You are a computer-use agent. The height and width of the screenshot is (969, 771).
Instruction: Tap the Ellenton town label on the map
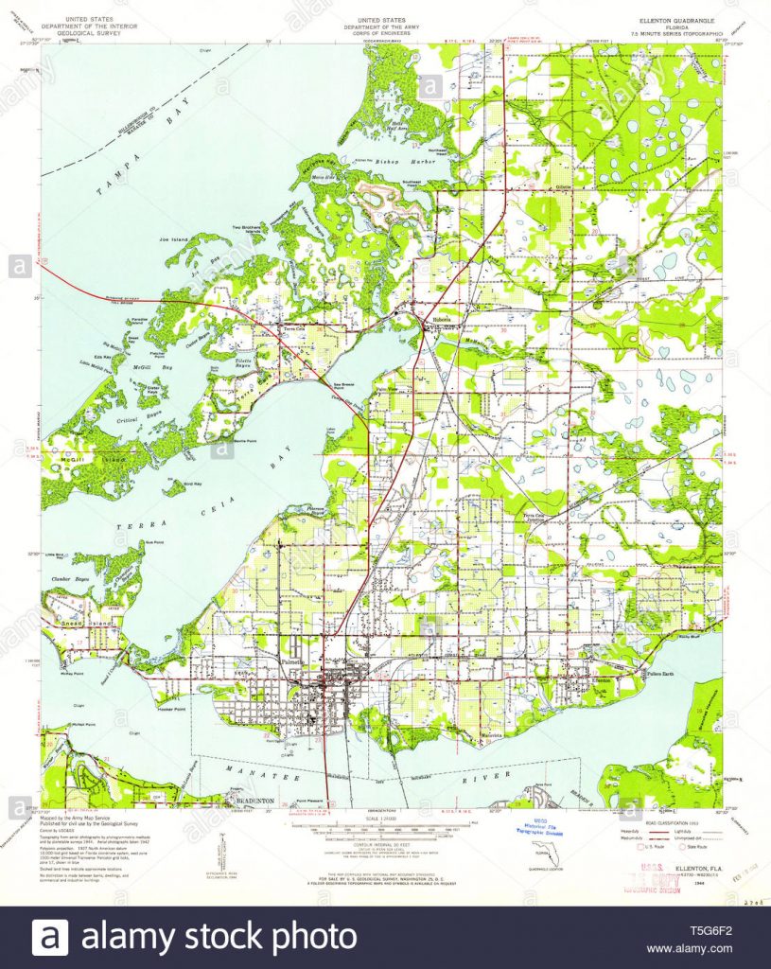[x=603, y=679]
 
